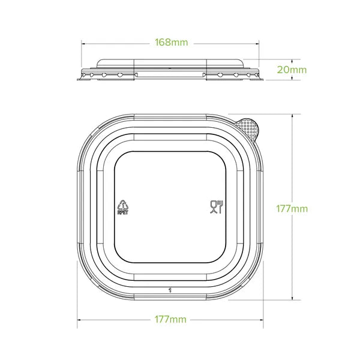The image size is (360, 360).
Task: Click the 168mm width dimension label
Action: pos(171,43)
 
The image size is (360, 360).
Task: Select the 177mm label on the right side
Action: pos(292,209)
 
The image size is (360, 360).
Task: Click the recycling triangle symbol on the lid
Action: pos(123,204)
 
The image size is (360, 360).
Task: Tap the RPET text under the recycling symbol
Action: pos(123,212)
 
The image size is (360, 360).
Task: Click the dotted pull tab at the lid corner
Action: pos(248,128)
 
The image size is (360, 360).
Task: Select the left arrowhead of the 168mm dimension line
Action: pos(83,43)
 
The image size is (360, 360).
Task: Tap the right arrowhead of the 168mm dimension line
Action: pos(260,43)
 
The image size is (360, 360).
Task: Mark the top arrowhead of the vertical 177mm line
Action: pos(292,113)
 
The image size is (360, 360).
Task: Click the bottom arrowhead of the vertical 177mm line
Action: pos(292,299)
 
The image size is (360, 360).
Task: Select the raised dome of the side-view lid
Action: pos(171,63)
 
